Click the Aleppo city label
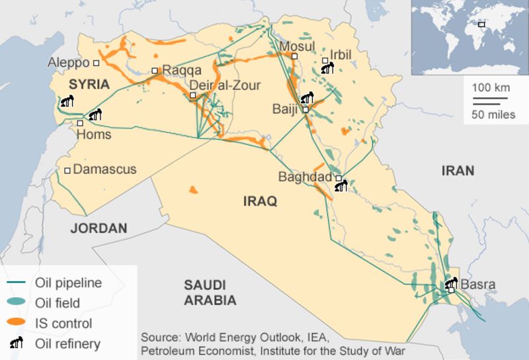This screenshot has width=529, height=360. pos(68,62)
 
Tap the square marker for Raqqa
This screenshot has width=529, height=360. pos(155,71)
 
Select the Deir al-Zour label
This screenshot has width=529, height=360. pos(225,85)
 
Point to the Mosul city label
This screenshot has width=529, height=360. pos(298,46)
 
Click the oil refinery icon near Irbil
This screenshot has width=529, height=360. pos(327,67)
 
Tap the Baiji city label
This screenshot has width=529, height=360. pos(286,109)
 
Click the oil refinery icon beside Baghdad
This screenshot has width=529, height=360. pos(341,187)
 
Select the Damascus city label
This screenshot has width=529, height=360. pos(104,169)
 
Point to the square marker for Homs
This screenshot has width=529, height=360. pos(80,123)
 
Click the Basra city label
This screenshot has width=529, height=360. pos(477,285)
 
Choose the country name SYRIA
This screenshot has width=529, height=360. pos(89,84)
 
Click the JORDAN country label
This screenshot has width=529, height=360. pos(99,228)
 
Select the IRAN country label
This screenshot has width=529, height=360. pos(458,171)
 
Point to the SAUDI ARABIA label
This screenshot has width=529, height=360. pos(210,292)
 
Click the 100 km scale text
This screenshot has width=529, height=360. pos(491,87)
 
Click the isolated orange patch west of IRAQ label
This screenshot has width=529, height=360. pos(193,190)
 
